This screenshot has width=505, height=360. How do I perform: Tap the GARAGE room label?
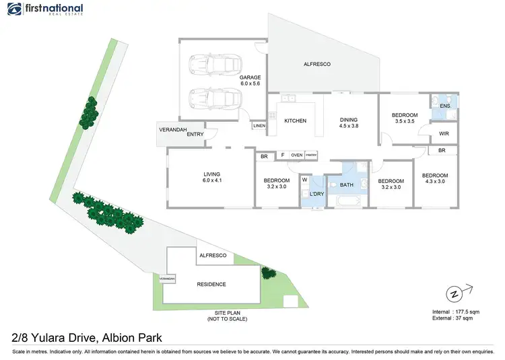click(250, 81)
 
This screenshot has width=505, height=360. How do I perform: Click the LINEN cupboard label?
click(259, 126)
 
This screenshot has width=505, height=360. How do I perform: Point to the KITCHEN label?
click(295, 121)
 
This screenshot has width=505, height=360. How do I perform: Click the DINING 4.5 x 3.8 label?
click(348, 122)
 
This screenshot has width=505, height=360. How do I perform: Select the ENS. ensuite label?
click(445, 106)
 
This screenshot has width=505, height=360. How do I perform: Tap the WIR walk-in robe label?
click(444, 134)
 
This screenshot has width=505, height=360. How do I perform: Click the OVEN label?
click(296, 155)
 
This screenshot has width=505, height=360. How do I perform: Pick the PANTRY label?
click(310, 155)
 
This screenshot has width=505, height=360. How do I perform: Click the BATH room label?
click(346, 185)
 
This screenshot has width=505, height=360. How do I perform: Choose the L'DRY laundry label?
click(316, 194)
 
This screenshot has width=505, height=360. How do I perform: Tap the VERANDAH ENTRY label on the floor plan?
click(181, 131)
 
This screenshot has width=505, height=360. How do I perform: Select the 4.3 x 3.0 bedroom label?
click(435, 178)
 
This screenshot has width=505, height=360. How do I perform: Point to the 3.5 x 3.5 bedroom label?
click(405, 119)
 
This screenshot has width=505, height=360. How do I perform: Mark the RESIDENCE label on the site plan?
click(211, 284)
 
